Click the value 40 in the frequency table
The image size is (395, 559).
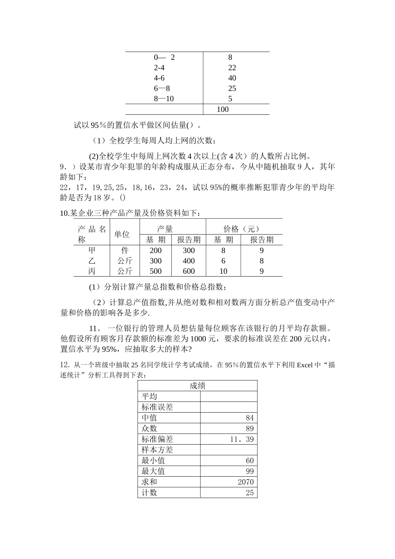[232, 78]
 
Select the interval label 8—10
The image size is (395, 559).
[164, 99]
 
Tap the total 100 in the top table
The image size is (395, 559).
[223, 109]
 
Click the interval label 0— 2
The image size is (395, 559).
[164, 57]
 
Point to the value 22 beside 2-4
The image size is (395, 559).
[232, 68]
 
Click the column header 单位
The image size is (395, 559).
[122, 235]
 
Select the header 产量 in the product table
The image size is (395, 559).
[165, 229]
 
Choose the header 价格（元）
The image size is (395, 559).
[241, 229]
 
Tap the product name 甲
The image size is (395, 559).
[92, 250]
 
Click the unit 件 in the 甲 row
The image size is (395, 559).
[125, 250]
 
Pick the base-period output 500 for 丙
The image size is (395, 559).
[156, 271]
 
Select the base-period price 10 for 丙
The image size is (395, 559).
[223, 271]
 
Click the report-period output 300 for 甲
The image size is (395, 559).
[189, 250]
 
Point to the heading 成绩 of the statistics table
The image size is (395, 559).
[197, 386]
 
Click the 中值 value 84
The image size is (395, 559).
[249, 418]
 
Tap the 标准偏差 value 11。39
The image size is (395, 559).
[242, 439]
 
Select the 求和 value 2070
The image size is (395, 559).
[246, 482]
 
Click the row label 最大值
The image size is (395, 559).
[153, 471]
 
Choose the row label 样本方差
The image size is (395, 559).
[157, 450]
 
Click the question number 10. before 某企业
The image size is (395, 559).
[65, 213]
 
